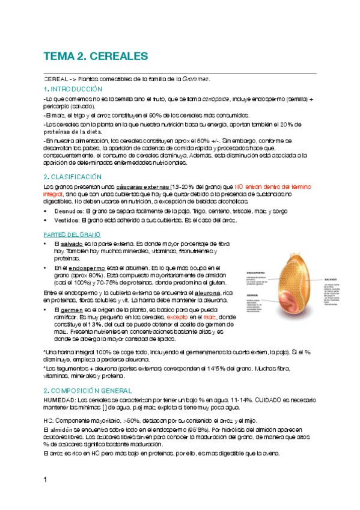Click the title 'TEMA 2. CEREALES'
95,57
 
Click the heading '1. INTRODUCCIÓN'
69,89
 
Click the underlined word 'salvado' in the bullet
72,244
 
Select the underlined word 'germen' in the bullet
72,309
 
